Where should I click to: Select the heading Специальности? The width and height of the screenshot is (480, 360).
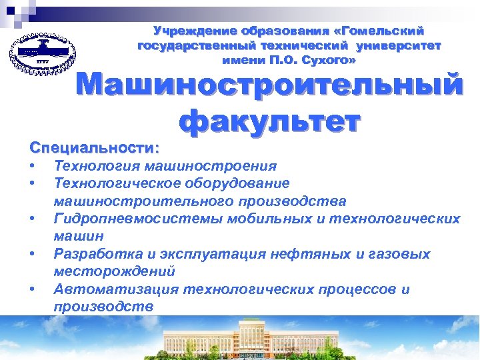[x=94, y=145]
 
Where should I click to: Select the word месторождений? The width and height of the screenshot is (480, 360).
[x=114, y=271]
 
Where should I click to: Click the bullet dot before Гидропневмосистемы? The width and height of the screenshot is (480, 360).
[x=32, y=219]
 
